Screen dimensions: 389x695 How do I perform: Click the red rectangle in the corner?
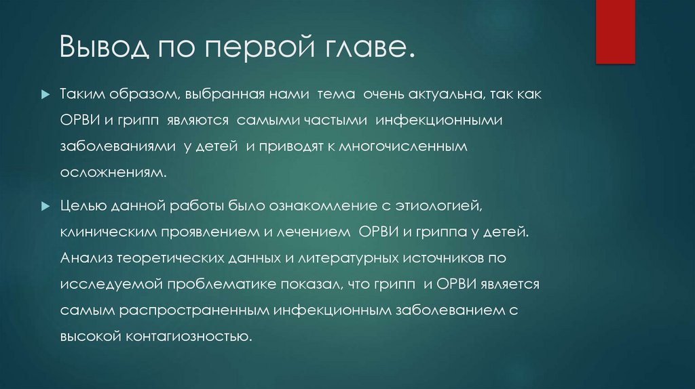(x=615, y=30)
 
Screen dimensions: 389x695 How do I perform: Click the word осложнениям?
(x=113, y=172)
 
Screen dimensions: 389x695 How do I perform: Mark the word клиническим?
(x=108, y=232)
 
